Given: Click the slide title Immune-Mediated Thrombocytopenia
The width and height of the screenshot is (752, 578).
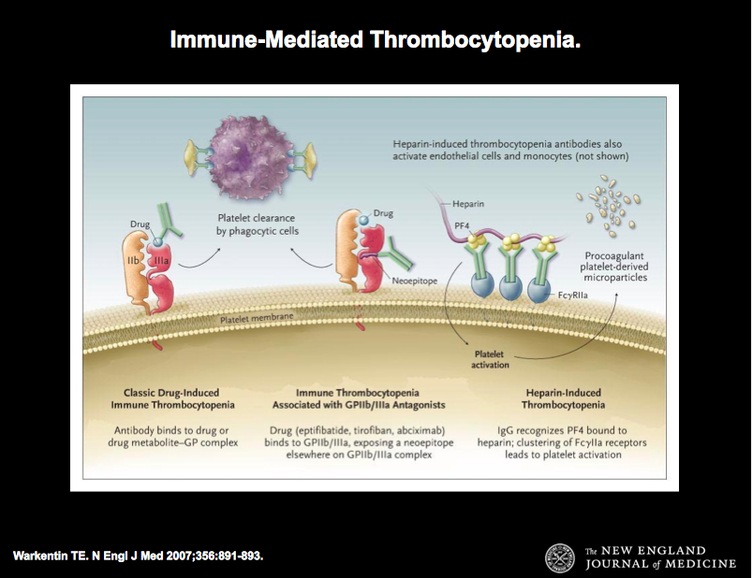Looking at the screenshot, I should (376, 41).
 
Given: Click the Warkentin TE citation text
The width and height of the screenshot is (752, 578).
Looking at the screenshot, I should (139, 556).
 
